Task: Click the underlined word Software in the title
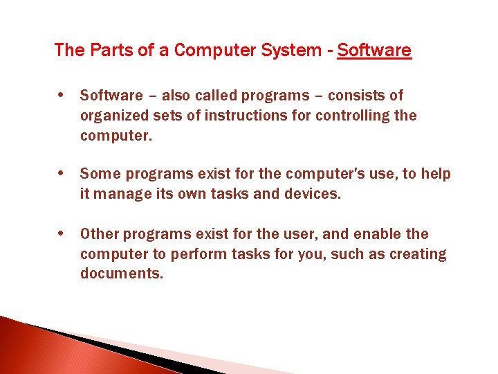tap(374, 51)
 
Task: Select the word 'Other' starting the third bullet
tap(100, 235)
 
